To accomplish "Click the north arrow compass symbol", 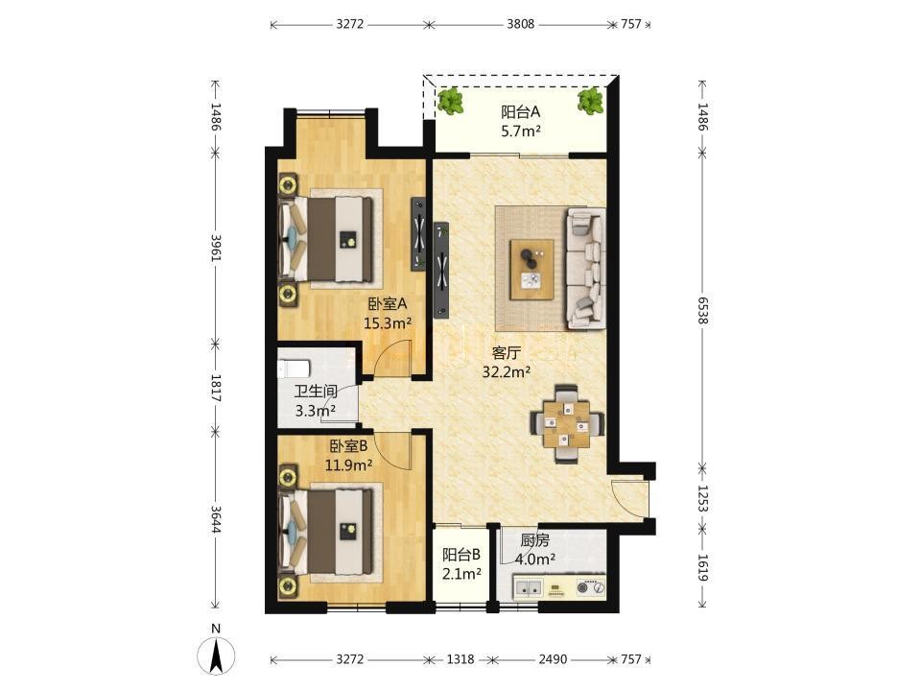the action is (216, 654).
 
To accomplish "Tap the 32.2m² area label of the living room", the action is (507, 372).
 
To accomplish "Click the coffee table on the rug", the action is (531, 270).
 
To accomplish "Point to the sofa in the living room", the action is (586, 268).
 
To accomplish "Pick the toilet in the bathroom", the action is (294, 369).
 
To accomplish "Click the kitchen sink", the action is (528, 587).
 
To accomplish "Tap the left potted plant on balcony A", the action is (451, 101).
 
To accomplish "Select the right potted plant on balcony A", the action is (590, 101).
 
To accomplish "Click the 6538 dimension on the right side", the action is (703, 310).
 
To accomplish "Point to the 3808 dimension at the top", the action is (521, 24).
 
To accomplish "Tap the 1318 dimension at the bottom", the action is (460, 659).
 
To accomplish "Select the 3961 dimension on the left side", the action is (216, 249).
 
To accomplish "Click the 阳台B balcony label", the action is (461, 554).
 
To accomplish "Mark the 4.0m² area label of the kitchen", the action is (535, 560).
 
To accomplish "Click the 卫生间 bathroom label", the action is (316, 392).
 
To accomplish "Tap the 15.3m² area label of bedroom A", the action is (387, 323).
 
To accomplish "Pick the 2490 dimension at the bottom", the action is (554, 659).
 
